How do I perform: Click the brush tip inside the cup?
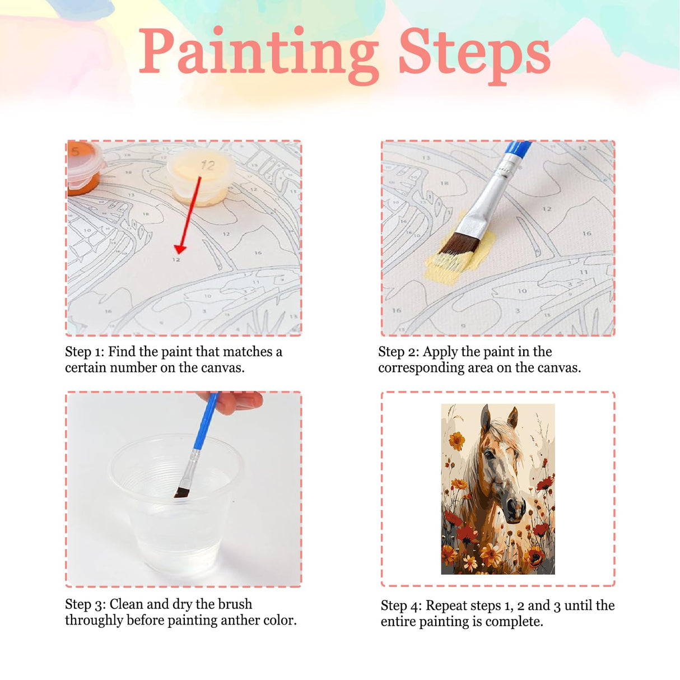click(x=181, y=492)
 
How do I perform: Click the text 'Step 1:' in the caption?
click(x=85, y=352)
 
